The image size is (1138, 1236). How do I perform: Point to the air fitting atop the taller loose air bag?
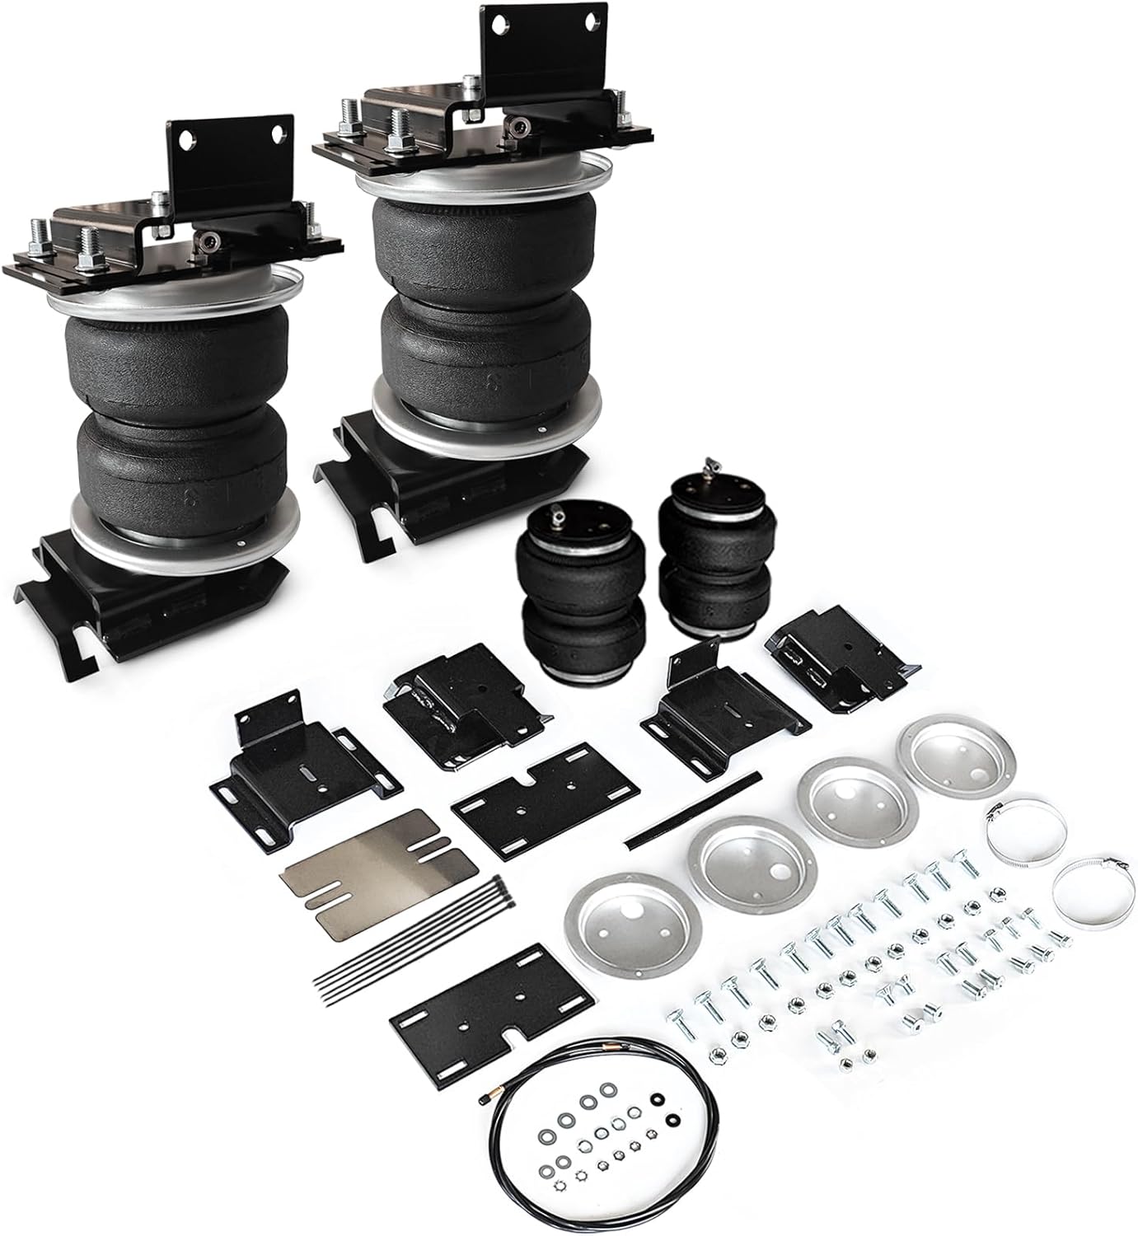click(708, 466)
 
